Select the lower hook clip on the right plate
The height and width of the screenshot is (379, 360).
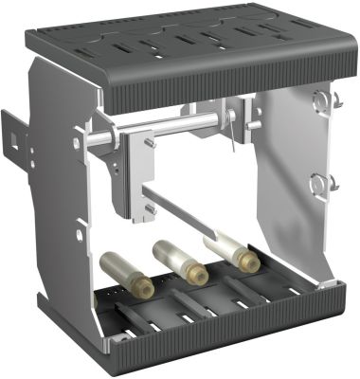pos(323,183)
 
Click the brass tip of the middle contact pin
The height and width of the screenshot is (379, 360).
pos(196,275)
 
